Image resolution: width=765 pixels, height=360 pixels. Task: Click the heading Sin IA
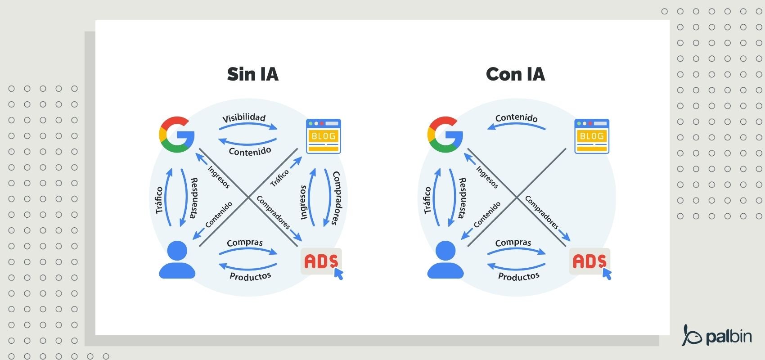(x=252, y=74)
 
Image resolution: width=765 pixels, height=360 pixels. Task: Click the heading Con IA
(x=515, y=74)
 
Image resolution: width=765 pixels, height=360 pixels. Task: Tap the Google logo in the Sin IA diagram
(x=176, y=134)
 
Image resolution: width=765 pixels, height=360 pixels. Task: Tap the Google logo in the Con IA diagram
(x=445, y=134)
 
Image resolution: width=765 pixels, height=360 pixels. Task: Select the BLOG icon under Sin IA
(x=323, y=136)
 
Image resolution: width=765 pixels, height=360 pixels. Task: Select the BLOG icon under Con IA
(x=591, y=136)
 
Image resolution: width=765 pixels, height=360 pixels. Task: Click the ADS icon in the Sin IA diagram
(x=321, y=261)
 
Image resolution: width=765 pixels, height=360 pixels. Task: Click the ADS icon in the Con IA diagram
(x=589, y=261)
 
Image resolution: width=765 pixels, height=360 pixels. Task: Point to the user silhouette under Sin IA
(x=177, y=260)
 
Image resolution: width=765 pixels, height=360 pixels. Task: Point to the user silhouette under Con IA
(x=445, y=260)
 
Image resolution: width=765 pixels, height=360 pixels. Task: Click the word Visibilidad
(x=244, y=118)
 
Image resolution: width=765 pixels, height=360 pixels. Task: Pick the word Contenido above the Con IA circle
(x=516, y=118)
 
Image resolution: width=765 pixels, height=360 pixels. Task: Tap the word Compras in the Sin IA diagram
(x=245, y=243)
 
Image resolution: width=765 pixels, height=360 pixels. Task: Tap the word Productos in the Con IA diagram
(x=518, y=276)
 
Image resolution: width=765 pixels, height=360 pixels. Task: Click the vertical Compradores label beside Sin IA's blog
(x=336, y=198)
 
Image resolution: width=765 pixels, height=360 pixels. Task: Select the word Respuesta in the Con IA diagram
(x=462, y=198)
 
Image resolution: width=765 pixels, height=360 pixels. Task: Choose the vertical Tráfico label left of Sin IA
(x=159, y=200)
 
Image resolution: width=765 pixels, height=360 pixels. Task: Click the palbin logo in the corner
(x=717, y=336)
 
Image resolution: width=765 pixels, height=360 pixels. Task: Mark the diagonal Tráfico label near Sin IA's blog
(x=279, y=178)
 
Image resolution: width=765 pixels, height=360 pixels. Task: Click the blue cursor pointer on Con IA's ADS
(x=607, y=274)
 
